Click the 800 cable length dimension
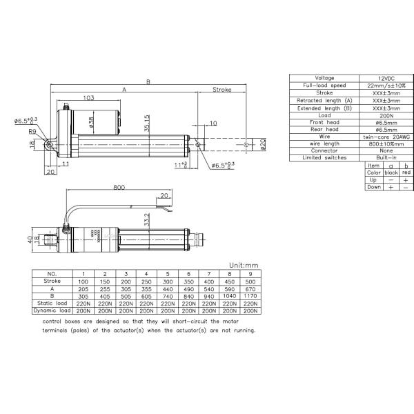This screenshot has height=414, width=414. [x=119, y=188]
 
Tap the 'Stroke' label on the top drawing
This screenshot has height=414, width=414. [x=221, y=90]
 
